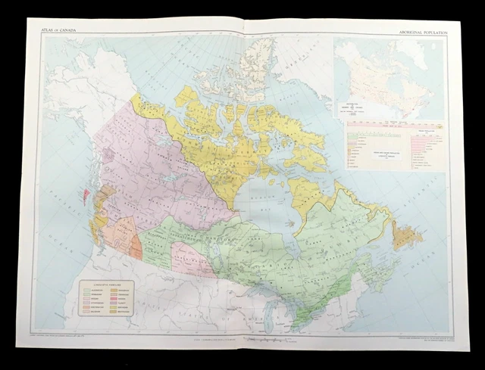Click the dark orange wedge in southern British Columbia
(x=136, y=244)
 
